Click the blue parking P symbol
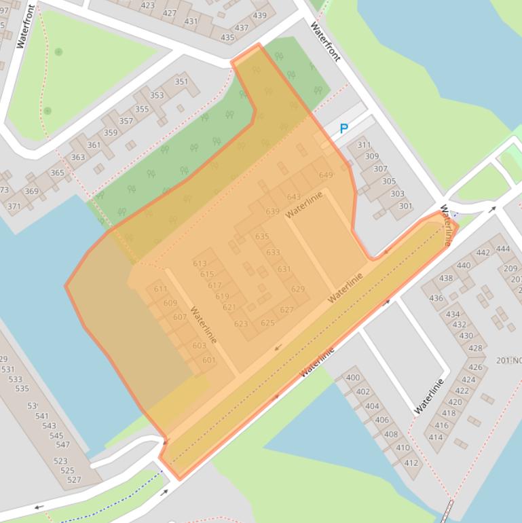(x=343, y=129)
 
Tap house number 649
(x=326, y=175)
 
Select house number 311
(x=364, y=145)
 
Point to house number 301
(x=405, y=206)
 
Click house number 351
(x=181, y=82)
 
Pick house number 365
(x=57, y=173)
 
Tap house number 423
(x=147, y=5)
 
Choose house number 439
(x=259, y=16)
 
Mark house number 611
(x=160, y=289)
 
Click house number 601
(x=208, y=361)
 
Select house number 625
(x=267, y=323)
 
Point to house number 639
(x=272, y=212)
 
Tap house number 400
(x=353, y=378)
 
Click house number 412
(x=411, y=463)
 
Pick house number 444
(x=503, y=249)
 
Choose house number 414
(x=435, y=437)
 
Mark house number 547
(x=63, y=446)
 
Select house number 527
(x=74, y=480)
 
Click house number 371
(x=14, y=206)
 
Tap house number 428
(x=475, y=348)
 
